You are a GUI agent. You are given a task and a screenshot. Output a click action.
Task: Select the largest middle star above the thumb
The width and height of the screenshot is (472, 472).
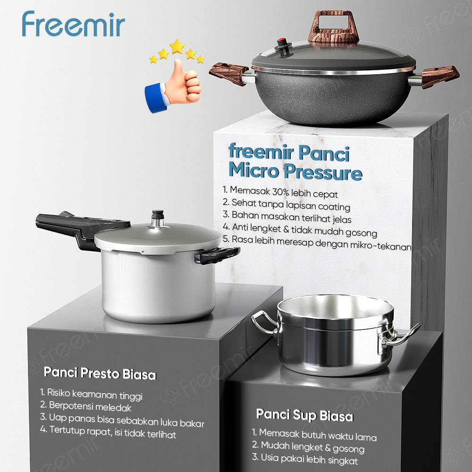(x=177, y=46)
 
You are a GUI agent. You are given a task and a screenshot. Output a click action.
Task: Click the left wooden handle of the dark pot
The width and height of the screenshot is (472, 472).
(x=229, y=73)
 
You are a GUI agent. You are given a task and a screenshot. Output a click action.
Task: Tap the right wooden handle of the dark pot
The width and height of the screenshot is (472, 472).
(x=439, y=76)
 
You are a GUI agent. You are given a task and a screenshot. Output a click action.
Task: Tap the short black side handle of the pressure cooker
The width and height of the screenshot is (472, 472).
(x=217, y=255)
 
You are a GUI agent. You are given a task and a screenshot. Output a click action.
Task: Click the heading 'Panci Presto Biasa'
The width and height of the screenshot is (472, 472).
(x=100, y=374)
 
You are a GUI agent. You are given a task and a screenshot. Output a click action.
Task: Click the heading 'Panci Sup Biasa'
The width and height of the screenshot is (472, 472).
(x=304, y=416)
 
